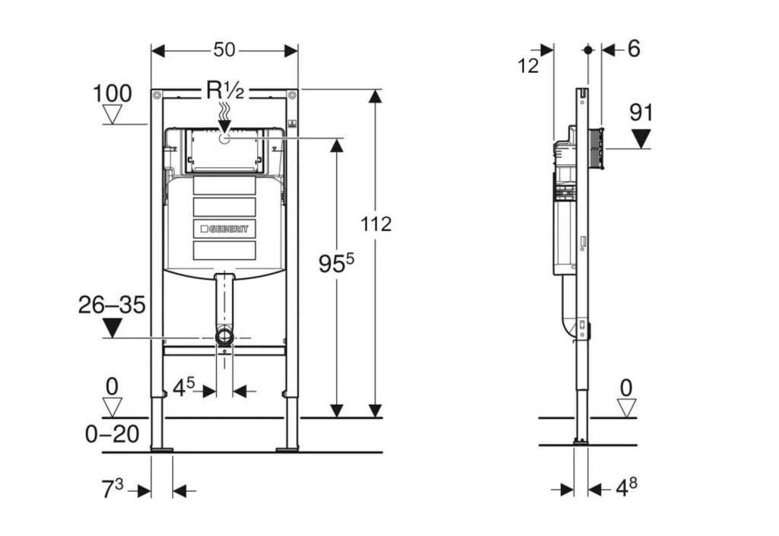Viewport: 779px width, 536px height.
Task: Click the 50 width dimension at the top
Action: point(224,50)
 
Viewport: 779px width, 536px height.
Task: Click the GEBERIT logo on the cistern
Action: point(224,228)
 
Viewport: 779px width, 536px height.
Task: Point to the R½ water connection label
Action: point(224,91)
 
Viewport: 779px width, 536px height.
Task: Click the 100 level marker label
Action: point(112,94)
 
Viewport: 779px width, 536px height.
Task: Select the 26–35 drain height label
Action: point(112,306)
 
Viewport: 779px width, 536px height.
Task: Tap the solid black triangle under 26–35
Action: point(113,328)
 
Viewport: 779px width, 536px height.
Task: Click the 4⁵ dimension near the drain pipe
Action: point(184,388)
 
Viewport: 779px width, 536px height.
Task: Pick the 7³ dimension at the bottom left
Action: point(113,487)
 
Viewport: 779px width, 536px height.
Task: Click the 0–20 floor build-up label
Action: point(112,434)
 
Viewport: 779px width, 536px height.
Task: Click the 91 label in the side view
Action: point(641,113)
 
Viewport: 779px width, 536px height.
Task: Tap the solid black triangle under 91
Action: point(642,138)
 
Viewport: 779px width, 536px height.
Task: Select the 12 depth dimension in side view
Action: point(528,65)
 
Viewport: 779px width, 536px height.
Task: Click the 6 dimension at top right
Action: point(634,49)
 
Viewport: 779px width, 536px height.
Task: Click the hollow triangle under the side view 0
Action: point(625,408)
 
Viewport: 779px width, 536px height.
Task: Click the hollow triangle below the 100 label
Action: point(113,116)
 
